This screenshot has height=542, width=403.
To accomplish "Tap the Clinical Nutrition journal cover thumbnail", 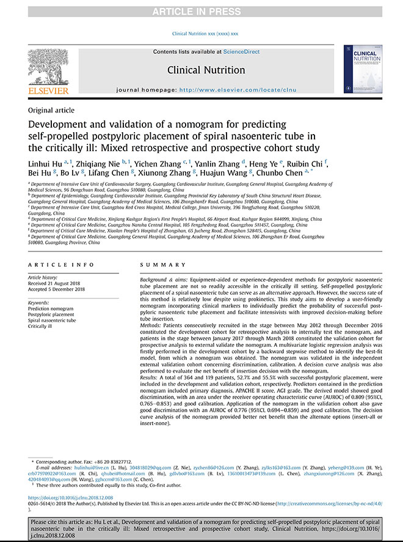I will [361, 69].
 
